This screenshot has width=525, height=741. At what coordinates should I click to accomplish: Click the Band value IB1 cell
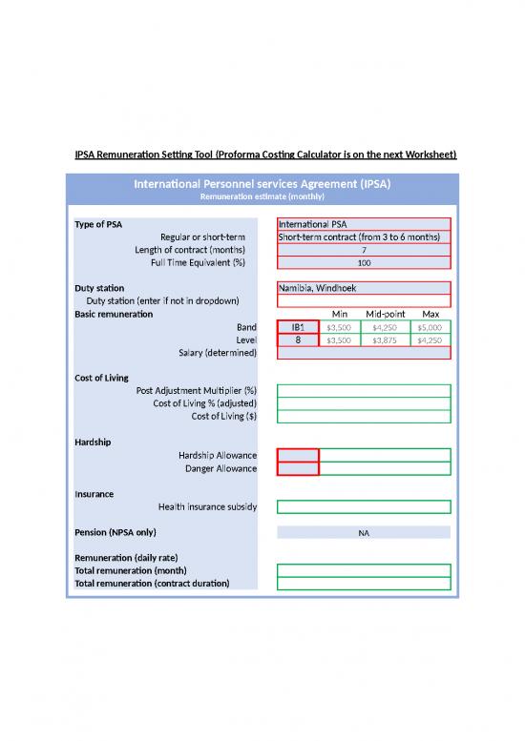298,327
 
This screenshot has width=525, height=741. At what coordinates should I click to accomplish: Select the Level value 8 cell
298,340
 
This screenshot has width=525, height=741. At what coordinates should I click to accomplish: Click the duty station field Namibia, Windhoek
363,288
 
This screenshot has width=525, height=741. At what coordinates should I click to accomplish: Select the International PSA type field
363,224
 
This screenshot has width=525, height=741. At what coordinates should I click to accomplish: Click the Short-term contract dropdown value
363,237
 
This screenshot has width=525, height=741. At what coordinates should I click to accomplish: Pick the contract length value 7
363,250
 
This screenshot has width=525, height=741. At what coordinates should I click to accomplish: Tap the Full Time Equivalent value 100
363,262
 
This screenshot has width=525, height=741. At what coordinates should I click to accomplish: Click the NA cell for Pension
363,532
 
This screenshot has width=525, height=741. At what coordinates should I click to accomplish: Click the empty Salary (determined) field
363,353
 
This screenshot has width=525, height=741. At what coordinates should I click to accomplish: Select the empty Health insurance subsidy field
363,506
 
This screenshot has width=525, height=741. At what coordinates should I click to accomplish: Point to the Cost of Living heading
101,378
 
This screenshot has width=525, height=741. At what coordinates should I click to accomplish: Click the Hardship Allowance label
217,455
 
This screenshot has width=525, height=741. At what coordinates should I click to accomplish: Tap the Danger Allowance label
220,468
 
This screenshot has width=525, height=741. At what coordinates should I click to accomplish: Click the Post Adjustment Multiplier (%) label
197,390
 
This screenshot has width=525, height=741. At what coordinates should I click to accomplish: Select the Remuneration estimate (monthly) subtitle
262,196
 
